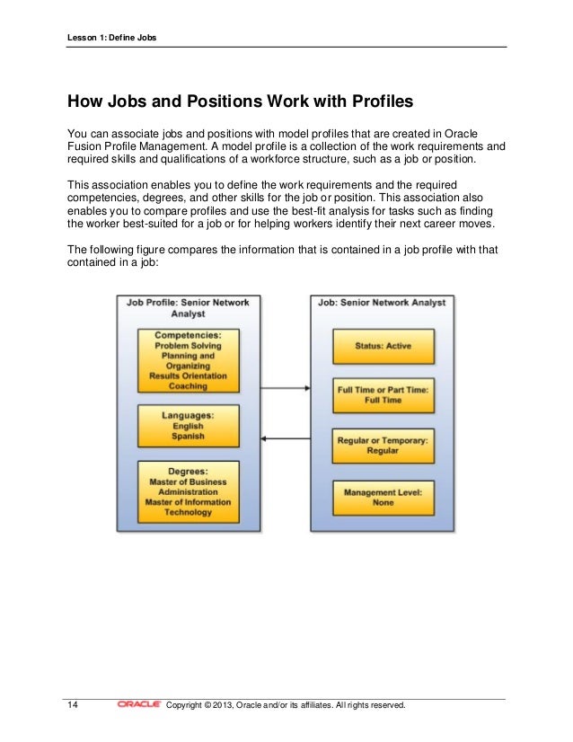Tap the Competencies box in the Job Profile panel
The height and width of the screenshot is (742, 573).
point(189,359)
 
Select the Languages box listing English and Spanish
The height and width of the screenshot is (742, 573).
point(189,425)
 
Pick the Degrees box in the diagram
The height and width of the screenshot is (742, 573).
point(189,491)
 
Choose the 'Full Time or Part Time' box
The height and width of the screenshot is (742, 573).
point(383,394)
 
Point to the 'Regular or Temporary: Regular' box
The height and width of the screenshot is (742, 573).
point(383,446)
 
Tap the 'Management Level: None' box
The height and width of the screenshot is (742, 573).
point(383,498)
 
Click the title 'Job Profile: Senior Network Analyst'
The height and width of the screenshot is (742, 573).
point(189,308)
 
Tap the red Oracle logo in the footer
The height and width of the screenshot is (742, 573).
point(139,705)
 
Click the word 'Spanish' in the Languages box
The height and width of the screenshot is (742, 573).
point(189,436)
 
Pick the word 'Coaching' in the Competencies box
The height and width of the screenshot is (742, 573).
point(189,386)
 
